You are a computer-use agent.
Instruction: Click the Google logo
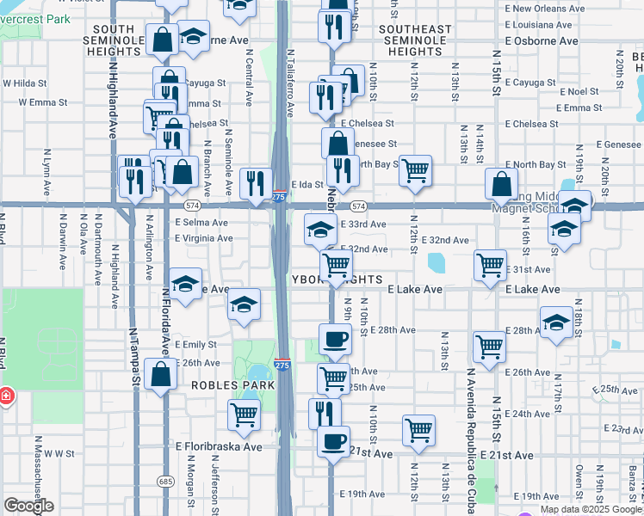pyautogui.click(x=29, y=506)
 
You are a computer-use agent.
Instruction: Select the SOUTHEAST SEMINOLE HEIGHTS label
pyautogui.click(x=414, y=40)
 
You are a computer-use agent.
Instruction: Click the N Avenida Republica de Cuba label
pyautogui.click(x=472, y=430)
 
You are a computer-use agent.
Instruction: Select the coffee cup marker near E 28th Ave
pyautogui.click(x=335, y=338)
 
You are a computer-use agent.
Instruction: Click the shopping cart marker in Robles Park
pyautogui.click(x=245, y=415)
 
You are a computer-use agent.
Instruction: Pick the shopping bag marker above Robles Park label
pyautogui.click(x=161, y=374)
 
